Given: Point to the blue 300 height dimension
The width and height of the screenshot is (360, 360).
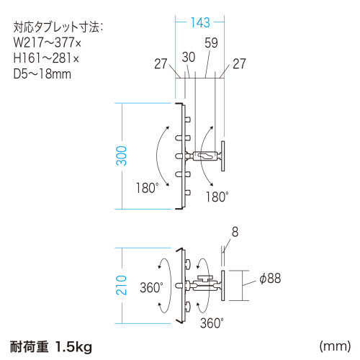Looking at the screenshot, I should (x=122, y=156).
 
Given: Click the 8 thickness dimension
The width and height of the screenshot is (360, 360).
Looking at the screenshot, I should (x=234, y=233).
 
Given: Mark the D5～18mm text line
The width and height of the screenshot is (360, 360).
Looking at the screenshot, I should (x=44, y=73).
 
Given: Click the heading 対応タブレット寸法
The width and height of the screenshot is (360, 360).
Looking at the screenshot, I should (x=58, y=29).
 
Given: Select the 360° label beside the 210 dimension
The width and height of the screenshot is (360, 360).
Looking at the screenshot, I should (x=151, y=287).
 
